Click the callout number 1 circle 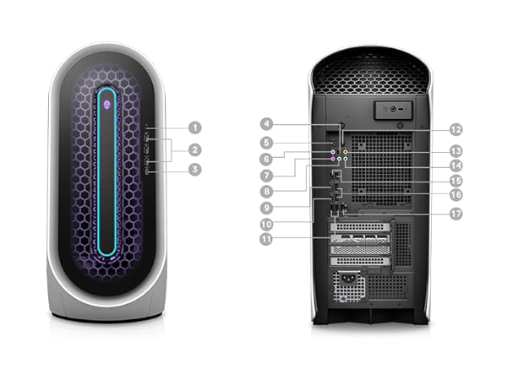[195, 128]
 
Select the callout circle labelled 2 [195, 150]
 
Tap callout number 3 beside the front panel [195, 170]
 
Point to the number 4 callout [266, 124]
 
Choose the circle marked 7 [266, 176]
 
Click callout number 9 [266, 208]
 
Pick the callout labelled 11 [266, 240]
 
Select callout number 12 [456, 130]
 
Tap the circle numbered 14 [456, 166]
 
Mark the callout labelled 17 [456, 214]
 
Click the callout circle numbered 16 [456, 195]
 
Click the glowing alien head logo [107, 104]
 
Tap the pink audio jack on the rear [333, 159]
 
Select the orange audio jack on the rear [346, 151]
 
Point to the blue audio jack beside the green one [346, 159]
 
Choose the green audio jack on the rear [339, 159]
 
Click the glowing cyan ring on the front [107, 171]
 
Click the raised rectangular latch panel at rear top [394, 110]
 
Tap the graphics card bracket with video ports [360, 238]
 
